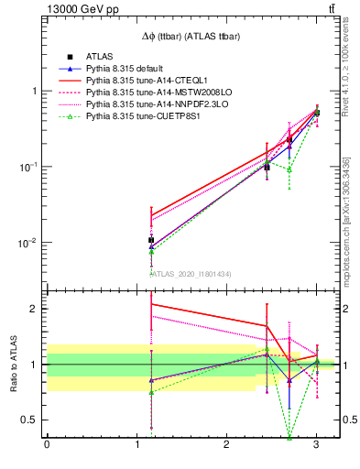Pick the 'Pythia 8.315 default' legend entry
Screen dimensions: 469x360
tap(128, 69)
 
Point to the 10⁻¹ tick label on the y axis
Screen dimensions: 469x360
tap(29, 167)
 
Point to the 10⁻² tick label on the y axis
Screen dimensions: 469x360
tap(29, 243)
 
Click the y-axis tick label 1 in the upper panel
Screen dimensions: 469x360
tap(35, 92)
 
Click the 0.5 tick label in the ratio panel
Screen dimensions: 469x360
tap(31, 420)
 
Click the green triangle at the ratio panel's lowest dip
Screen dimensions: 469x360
tap(289, 437)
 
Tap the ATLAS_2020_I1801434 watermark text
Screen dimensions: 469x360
tap(191, 274)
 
